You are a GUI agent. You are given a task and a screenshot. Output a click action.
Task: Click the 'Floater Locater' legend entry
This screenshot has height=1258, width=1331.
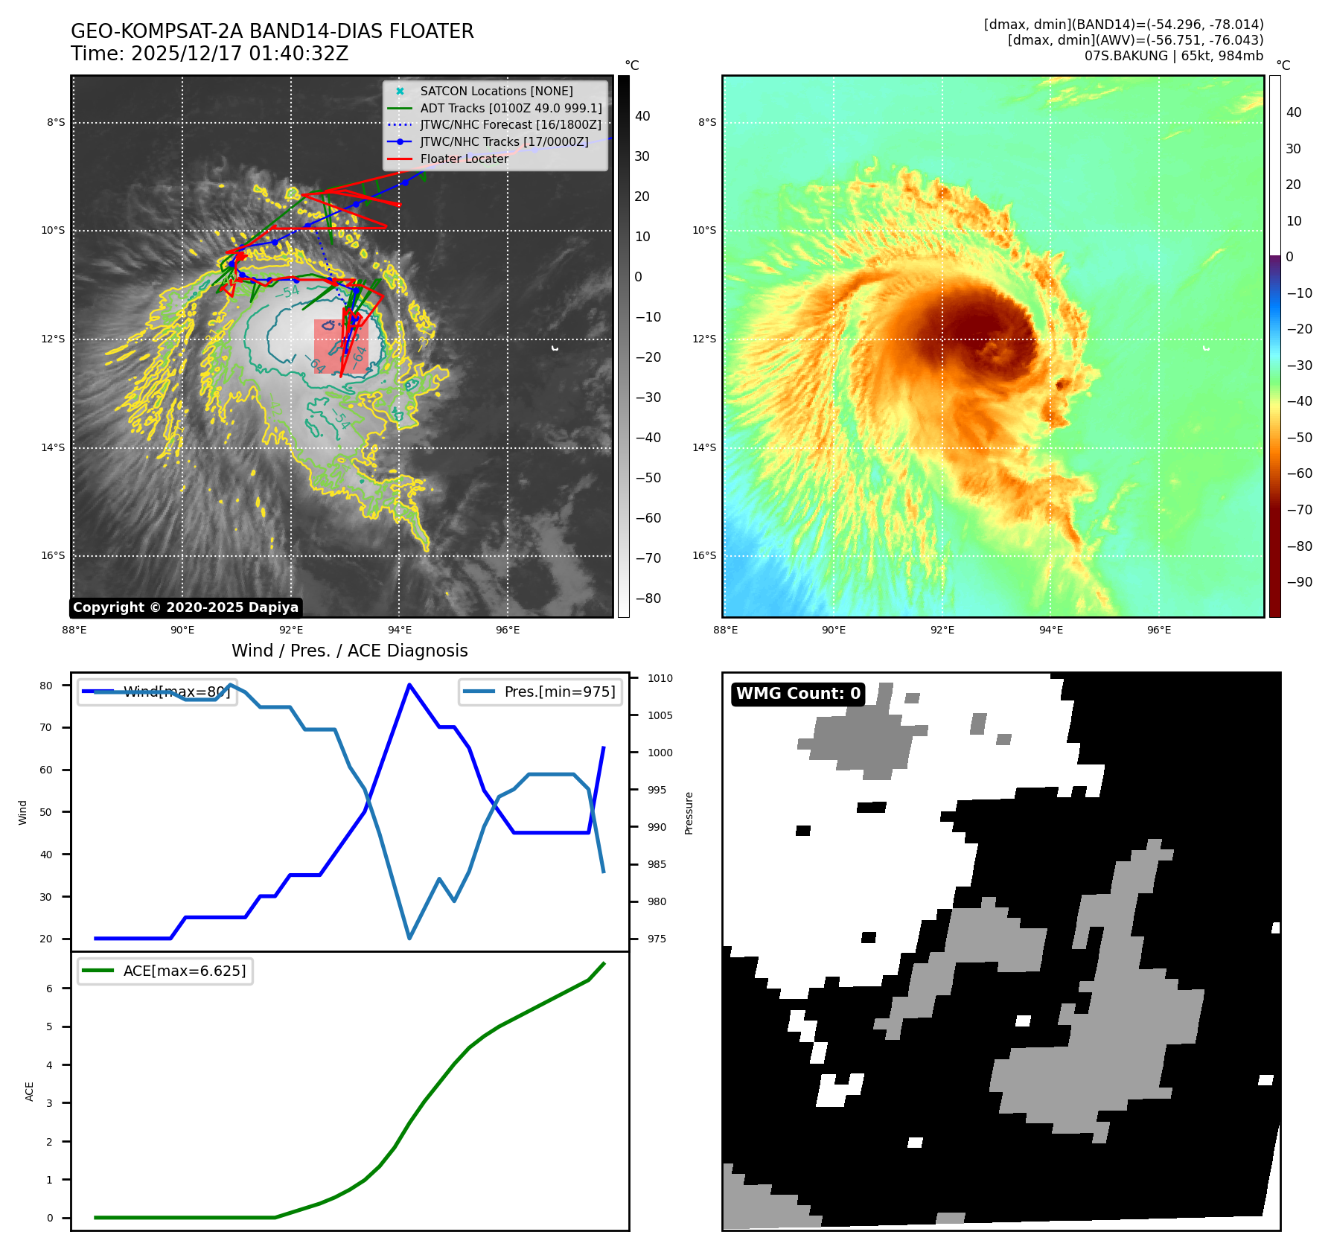pyautogui.click(x=464, y=159)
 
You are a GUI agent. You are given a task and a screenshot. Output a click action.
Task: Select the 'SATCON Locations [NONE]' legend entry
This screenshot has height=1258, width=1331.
pyautogui.click(x=496, y=91)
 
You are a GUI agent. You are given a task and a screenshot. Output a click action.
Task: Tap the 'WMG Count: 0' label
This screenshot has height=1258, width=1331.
pyautogui.click(x=798, y=694)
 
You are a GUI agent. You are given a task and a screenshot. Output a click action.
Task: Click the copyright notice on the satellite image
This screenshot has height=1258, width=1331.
pyautogui.click(x=185, y=607)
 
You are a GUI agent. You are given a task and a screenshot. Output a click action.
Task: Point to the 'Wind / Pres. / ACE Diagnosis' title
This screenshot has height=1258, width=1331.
pyautogui.click(x=349, y=651)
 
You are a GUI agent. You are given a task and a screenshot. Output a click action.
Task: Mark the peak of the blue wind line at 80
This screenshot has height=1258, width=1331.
pyautogui.click(x=409, y=685)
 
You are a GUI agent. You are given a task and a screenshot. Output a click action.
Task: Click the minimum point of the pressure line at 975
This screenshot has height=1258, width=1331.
pyautogui.click(x=409, y=938)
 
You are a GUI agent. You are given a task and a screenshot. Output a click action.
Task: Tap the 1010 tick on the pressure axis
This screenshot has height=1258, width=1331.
pyautogui.click(x=660, y=678)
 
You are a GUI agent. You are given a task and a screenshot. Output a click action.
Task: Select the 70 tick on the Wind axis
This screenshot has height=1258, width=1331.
pyautogui.click(x=46, y=727)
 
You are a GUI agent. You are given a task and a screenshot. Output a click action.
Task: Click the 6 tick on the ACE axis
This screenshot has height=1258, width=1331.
pyautogui.click(x=49, y=989)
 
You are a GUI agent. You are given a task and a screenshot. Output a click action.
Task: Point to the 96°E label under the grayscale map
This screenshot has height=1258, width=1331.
pyautogui.click(x=508, y=630)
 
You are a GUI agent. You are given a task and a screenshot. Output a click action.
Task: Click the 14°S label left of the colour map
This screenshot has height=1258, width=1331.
pyautogui.click(x=704, y=447)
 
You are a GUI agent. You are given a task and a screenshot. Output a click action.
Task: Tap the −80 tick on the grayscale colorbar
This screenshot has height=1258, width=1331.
pyautogui.click(x=648, y=598)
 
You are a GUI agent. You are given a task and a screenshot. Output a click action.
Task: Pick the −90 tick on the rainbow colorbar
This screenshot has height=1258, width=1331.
pyautogui.click(x=1299, y=582)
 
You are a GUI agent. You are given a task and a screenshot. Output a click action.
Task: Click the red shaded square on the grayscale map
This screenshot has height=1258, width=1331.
pyautogui.click(x=341, y=346)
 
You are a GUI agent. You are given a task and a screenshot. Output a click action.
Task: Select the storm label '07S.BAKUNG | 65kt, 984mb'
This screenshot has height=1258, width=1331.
pyautogui.click(x=1173, y=56)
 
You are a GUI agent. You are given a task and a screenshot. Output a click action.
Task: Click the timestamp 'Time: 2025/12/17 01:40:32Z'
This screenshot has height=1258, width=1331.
pyautogui.click(x=209, y=54)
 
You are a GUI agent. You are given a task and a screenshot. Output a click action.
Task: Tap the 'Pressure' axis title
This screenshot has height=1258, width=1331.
pyautogui.click(x=689, y=813)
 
